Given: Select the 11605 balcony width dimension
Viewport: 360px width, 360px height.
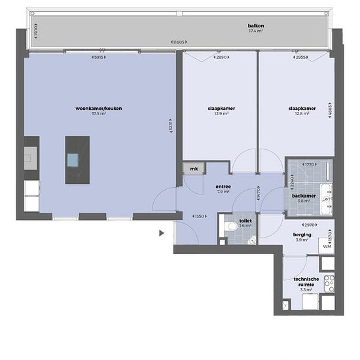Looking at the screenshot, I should [176, 43].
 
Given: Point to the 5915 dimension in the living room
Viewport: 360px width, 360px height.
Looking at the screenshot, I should [99, 58].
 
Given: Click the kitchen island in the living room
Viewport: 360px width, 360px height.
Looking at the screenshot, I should [72, 159].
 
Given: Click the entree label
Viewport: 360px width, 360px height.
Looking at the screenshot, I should [223, 187].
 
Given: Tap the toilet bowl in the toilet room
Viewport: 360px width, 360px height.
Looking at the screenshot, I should [231, 226].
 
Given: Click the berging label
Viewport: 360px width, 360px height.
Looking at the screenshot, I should [302, 234].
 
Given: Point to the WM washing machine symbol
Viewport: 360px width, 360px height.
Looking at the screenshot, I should [327, 246].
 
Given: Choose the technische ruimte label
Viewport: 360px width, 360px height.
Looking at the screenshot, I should [306, 282].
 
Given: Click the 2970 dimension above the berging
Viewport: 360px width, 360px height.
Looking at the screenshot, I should [302, 225].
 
